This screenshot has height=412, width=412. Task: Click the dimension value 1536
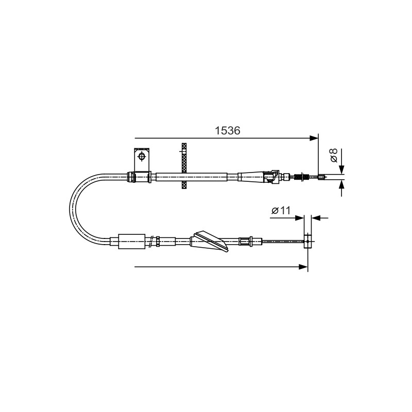point(228,131)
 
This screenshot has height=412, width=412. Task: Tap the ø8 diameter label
point(333,156)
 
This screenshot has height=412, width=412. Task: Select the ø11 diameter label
point(281,211)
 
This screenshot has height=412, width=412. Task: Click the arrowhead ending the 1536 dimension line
point(314,138)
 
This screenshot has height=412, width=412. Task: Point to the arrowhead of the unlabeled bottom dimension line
point(303,267)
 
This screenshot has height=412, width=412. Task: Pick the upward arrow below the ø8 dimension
point(341,188)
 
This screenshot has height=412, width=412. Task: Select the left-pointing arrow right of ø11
point(319,218)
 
